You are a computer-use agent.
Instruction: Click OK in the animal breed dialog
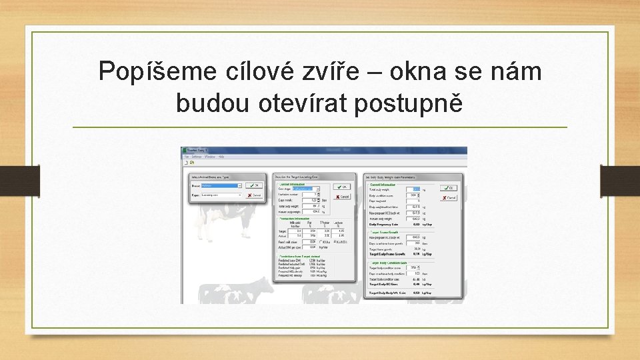pos(253,186)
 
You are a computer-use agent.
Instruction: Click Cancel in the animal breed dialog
pos(253,195)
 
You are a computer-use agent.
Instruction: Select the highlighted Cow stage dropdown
pos(307,189)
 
